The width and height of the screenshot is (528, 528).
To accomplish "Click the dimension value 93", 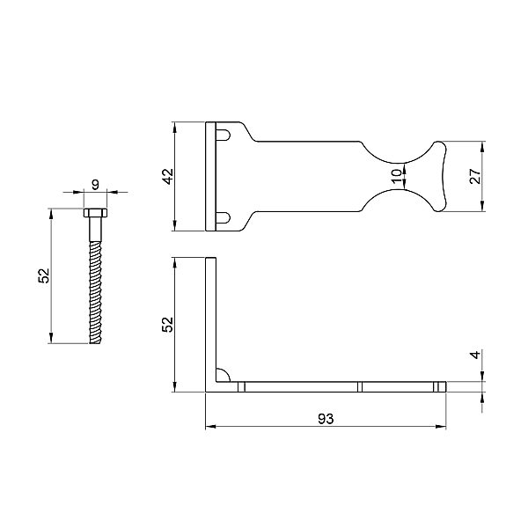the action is coord(326,419).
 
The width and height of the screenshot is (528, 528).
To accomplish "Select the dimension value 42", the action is coord(168,176).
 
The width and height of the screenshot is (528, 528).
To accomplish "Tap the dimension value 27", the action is coord(475,176).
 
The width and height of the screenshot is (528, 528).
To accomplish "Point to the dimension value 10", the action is coord(397,176).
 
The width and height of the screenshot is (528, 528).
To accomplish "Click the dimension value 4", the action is coord(475,355).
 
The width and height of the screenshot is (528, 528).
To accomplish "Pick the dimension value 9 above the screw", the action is coord(96,185).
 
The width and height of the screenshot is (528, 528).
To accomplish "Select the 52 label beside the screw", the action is coord(44,275).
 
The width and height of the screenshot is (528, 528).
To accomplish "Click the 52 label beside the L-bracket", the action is coord(168,325).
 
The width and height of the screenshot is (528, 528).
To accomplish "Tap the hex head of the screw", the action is coord(95,213).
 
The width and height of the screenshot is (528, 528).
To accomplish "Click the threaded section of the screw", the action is coord(95,292).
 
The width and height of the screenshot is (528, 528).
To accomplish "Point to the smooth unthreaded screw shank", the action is coord(95,229).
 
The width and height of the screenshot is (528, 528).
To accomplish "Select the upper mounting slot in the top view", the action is coord(224,135).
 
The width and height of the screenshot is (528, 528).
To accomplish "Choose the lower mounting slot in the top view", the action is coord(224,218).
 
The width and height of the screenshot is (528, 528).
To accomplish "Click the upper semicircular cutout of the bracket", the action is coord(400,151).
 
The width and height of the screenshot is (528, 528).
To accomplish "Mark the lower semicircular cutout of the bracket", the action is coord(400,201).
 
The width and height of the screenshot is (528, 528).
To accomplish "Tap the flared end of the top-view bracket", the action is coord(439,177).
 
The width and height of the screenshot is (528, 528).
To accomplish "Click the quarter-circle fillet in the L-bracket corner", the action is coord(223,375).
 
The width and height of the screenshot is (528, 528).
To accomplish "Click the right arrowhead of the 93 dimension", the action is coord(441,427).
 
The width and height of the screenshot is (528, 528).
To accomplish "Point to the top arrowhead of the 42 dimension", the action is coord(174,127).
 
